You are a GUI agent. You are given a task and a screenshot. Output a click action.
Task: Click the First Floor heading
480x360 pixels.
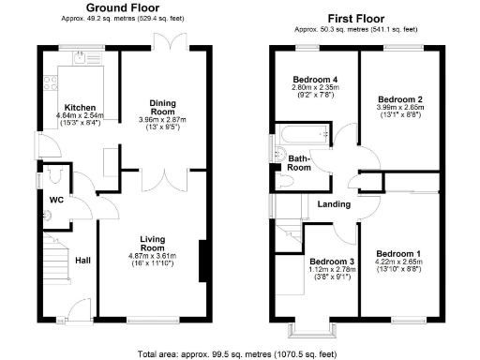click(x=359, y=18)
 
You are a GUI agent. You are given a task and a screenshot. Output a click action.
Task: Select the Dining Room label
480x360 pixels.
click(x=163, y=105)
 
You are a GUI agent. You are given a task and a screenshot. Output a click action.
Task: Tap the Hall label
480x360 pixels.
click(x=82, y=261)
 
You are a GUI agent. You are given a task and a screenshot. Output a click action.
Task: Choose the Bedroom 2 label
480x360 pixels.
click(x=398, y=98)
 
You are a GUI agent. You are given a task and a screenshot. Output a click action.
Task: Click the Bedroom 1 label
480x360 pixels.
click(x=397, y=253)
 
